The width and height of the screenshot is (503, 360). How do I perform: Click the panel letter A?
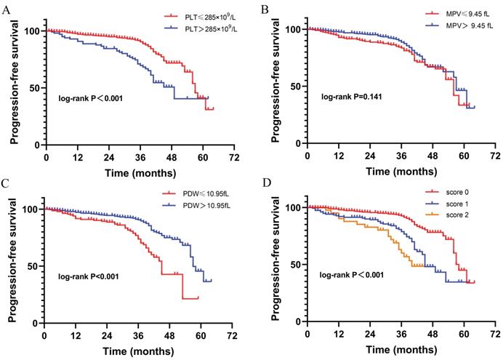point(7,9)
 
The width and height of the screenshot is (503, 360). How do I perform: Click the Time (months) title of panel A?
point(139,172)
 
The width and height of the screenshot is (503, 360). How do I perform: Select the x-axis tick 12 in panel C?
point(75,337)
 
